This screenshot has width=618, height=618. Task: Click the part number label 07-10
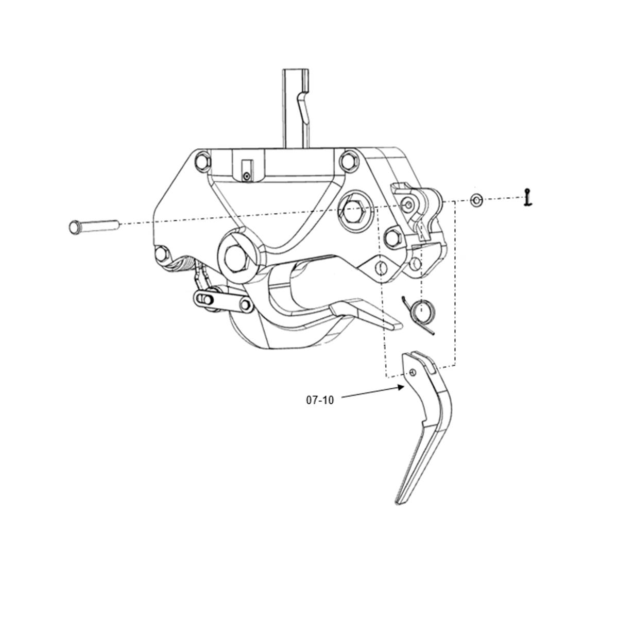pos(320,400)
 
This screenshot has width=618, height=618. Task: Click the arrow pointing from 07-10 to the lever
pos(372,392)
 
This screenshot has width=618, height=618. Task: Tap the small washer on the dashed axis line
pos(476,200)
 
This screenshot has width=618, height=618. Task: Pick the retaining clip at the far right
pos(527,197)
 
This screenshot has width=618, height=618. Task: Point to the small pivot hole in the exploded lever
pos(413,371)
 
